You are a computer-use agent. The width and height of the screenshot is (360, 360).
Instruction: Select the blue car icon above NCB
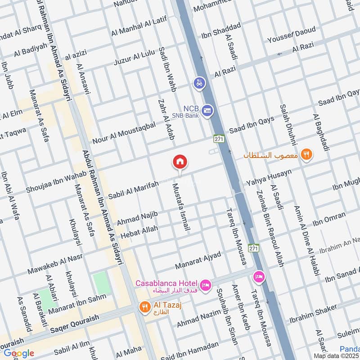pos(199,83)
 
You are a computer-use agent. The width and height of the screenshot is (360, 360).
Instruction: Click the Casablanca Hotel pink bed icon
pos(206,286)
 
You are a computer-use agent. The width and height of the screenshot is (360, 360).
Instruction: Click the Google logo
pos(18,353)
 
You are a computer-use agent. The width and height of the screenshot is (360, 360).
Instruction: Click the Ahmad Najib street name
pos(137,218)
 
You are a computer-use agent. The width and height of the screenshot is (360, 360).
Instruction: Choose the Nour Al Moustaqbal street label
pos(124,134)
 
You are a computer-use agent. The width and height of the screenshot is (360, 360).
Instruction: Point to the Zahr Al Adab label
pos(166,119)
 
